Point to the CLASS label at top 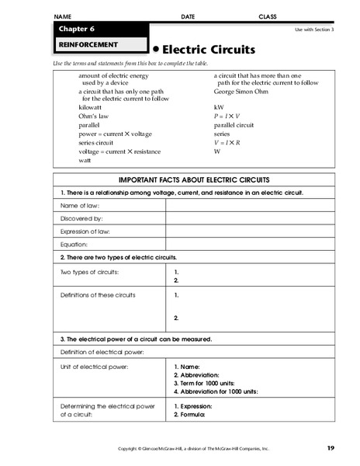pos(268,16)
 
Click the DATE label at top pos(188,16)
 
